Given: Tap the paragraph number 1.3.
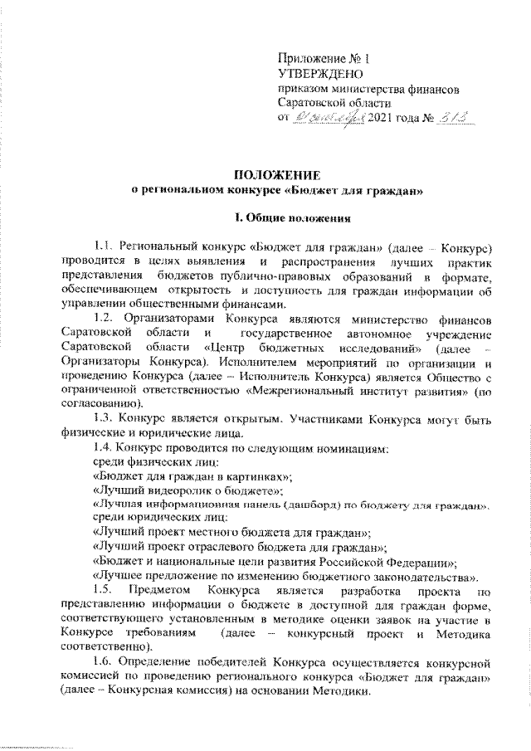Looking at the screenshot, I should (x=105, y=419).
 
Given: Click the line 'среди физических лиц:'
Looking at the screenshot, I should (x=156, y=461).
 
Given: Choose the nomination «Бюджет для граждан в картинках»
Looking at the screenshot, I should (x=194, y=475).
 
